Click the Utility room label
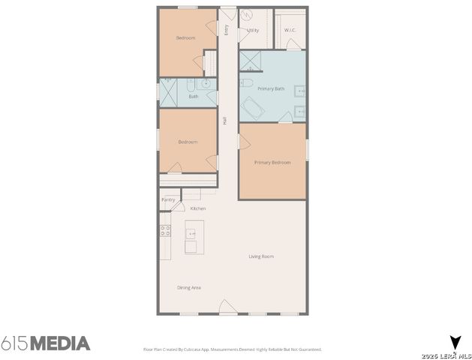pos(253,31)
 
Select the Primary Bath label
pos(271,89)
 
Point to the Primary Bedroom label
pos(272,162)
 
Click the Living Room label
pos(261,256)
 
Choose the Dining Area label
pos(189,288)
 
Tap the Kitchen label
pos(198,208)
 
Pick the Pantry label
pos(168,199)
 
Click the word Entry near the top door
pos(226,29)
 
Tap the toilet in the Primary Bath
pos(247,82)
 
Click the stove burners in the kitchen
pos(164,231)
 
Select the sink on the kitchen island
pos(191,233)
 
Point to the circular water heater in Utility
pos(248,15)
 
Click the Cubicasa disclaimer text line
pos(232,349)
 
